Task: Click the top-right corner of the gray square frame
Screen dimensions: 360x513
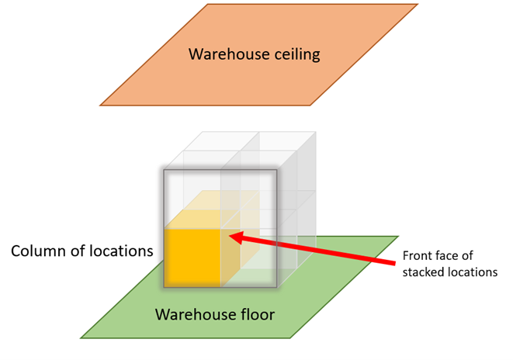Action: pos(276,168)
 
